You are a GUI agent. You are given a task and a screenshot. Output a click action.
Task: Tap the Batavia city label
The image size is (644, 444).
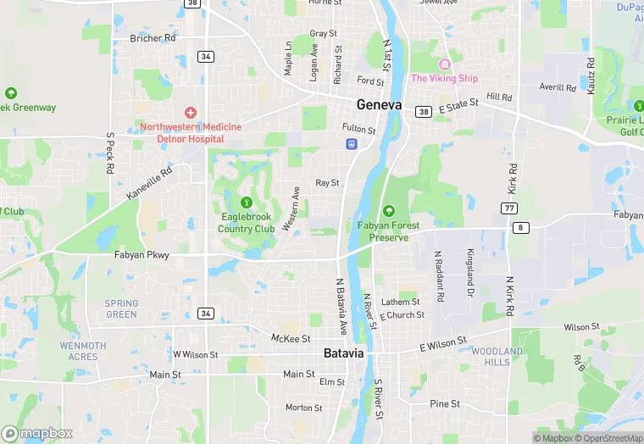click(344, 352)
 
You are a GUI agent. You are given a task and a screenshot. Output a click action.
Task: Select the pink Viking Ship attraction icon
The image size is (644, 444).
click(444, 65)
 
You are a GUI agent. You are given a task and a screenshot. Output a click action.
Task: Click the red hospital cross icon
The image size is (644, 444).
click(191, 113)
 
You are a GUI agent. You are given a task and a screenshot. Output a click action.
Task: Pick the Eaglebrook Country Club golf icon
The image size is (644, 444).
click(247, 203)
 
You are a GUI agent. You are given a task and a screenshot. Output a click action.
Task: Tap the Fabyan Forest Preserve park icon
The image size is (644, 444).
click(389, 210)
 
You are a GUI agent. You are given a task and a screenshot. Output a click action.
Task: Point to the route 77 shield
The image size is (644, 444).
click(508, 208)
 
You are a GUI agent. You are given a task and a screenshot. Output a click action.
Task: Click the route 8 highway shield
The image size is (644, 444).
click(520, 227)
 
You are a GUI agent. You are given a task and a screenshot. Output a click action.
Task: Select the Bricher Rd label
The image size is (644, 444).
click(153, 38)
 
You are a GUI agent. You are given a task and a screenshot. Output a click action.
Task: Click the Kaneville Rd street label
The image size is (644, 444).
click(149, 182)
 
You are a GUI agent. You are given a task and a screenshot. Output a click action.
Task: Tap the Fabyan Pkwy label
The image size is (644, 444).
click(142, 254)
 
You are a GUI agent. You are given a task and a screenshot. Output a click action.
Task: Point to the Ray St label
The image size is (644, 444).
click(327, 182)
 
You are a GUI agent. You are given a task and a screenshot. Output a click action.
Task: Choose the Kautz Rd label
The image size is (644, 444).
click(591, 75)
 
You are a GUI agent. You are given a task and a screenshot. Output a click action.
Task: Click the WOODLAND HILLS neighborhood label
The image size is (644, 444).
click(497, 356)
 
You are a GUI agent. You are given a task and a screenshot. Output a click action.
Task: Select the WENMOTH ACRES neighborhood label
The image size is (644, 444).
click(83, 351)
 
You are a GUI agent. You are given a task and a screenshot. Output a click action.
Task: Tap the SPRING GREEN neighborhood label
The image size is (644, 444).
click(121, 308)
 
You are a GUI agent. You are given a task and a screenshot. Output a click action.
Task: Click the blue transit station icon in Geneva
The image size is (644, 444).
click(350, 144)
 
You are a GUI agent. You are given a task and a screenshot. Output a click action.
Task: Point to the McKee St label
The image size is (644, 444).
click(291, 338)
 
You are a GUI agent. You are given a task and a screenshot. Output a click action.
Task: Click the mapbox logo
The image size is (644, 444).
click(37, 433)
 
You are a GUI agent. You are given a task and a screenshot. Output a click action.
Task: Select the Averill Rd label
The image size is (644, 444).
click(558, 87)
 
